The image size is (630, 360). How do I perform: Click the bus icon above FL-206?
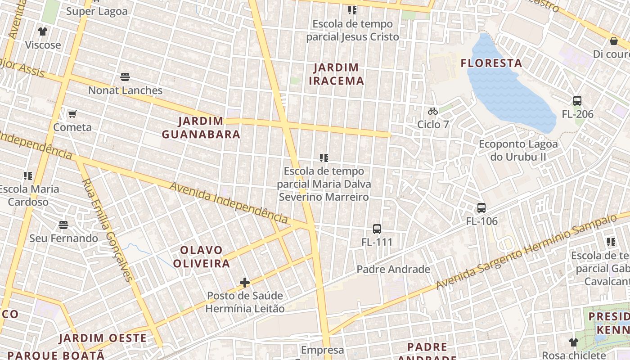(x=577, y=101)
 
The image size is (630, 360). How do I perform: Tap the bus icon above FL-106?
(x=481, y=208)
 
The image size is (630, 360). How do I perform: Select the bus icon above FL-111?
(x=377, y=229)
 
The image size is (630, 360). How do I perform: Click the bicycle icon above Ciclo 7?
(x=433, y=111)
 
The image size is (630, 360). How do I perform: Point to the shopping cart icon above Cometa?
(x=72, y=114)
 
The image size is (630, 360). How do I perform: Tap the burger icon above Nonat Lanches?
(x=125, y=77)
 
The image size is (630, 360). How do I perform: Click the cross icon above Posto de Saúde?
(x=245, y=283)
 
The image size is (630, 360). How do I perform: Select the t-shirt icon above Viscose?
(x=43, y=31)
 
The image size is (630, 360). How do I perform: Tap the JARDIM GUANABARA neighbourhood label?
(x=201, y=128)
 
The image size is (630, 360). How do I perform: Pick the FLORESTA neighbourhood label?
(x=491, y=63)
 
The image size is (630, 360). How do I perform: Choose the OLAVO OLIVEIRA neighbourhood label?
(x=201, y=256)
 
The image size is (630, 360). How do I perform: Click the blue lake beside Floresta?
(x=508, y=90)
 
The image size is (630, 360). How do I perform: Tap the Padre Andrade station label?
(x=393, y=269)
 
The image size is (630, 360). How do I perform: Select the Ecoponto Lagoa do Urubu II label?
(x=518, y=150)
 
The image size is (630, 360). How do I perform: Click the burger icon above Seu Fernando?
(x=63, y=225)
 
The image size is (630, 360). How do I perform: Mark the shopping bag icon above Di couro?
(x=613, y=41)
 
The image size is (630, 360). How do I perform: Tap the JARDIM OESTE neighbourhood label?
(x=103, y=338)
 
